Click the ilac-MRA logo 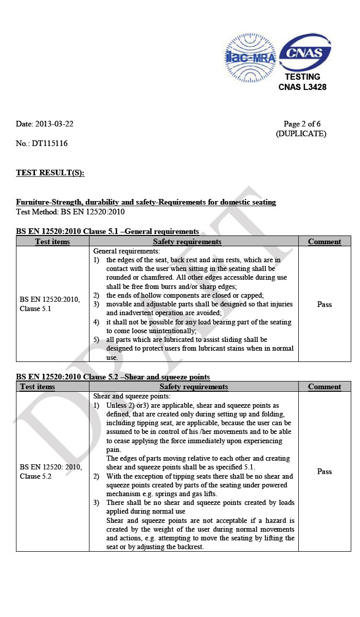(x=250, y=57)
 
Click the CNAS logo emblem (x=305, y=52)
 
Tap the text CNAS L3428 (x=302, y=87)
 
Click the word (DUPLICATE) (x=301, y=134)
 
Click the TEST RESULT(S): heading (x=50, y=173)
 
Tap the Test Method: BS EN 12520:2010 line (x=70, y=211)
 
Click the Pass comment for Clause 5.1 (x=325, y=304)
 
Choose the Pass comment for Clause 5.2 (x=325, y=471)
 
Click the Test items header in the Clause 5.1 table (x=52, y=242)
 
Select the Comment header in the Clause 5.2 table (x=325, y=387)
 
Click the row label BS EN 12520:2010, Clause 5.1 (x=50, y=304)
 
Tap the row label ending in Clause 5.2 (x=50, y=471)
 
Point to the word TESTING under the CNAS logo (x=302, y=77)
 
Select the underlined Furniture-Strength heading (x=146, y=202)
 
